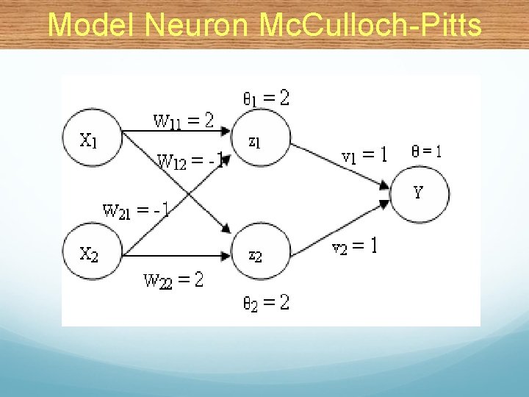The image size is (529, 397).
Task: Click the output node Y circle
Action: pyautogui.click(x=419, y=193)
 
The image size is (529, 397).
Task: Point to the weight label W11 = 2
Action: pyautogui.click(x=183, y=119)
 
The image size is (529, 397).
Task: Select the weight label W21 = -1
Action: pyautogui.click(x=137, y=210)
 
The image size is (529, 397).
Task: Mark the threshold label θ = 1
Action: pyautogui.click(x=427, y=151)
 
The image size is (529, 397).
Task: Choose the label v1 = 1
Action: pyautogui.click(x=364, y=155)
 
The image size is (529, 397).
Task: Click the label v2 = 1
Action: pyautogui.click(x=356, y=247)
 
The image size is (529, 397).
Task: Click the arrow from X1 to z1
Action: pyautogui.click(x=176, y=132)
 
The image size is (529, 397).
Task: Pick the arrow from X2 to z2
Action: pyautogui.click(x=176, y=255)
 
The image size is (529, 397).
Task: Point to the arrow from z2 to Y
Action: pyautogui.click(x=338, y=225)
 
